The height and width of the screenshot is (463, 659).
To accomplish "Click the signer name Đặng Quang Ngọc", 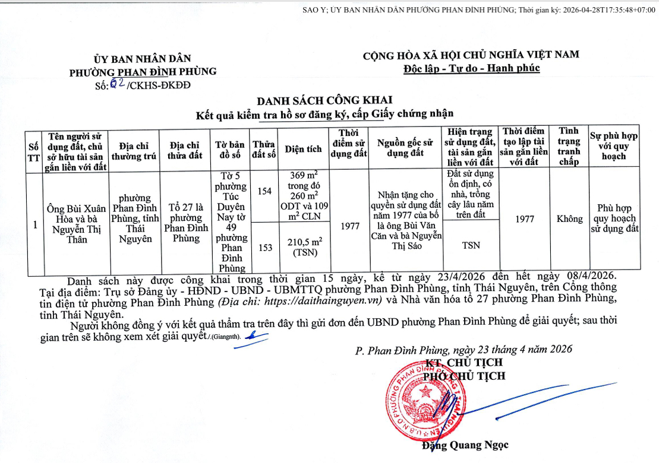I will point(465,445).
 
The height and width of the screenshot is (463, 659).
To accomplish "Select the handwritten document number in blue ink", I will point(117,84).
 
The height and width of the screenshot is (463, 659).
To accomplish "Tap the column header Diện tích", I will point(304,150).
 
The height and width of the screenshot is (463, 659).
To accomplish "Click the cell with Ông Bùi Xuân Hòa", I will point(77,224).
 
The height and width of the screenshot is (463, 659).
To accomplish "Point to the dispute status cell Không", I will point(569,219).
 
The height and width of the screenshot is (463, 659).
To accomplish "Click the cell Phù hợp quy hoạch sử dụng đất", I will point(614,219).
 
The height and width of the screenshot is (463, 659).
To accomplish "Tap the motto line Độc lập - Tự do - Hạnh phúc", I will point(471,68).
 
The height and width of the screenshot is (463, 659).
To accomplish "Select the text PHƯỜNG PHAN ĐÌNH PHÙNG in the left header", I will point(143,72).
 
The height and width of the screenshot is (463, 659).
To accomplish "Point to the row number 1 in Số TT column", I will point(34,225).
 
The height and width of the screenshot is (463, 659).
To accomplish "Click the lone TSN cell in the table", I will point(471,245).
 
